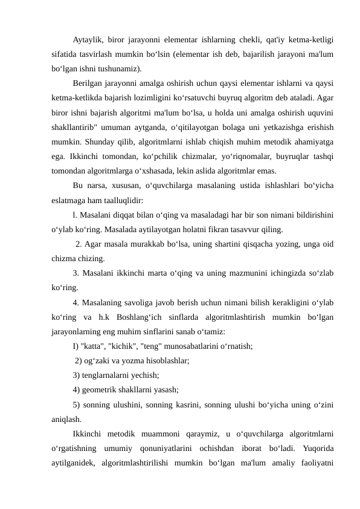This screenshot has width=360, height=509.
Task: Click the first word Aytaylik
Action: pos(86,41)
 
